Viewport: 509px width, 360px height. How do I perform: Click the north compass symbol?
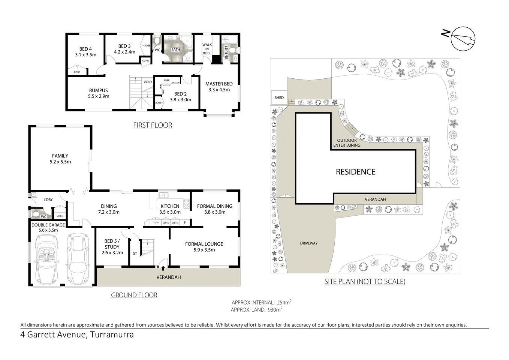[x=463, y=39]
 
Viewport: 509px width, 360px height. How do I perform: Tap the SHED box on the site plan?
[x=279, y=97]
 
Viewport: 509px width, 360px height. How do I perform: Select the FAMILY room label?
[x=60, y=159]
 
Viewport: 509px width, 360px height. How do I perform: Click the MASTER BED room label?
[x=219, y=87]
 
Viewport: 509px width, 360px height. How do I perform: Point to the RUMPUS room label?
[x=98, y=93]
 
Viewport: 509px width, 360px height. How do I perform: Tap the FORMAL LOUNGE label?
[x=204, y=247]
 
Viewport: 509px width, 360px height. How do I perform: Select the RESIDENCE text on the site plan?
[x=355, y=172]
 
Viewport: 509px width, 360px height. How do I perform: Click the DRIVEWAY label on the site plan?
[x=308, y=243]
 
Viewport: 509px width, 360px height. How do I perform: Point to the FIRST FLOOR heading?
[x=153, y=125]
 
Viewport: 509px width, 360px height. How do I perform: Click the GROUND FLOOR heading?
[x=134, y=295]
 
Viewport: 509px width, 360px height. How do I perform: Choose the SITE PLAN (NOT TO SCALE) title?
[x=365, y=282]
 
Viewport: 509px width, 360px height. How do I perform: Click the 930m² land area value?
[x=274, y=309]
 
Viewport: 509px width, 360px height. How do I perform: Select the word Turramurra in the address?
[x=111, y=334]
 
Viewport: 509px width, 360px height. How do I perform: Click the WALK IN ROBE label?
[x=207, y=49]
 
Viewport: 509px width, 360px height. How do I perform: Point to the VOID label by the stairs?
[x=147, y=82]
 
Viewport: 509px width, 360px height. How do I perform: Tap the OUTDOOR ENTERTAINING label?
[x=347, y=142]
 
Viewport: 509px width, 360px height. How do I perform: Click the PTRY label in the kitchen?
[x=156, y=223]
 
